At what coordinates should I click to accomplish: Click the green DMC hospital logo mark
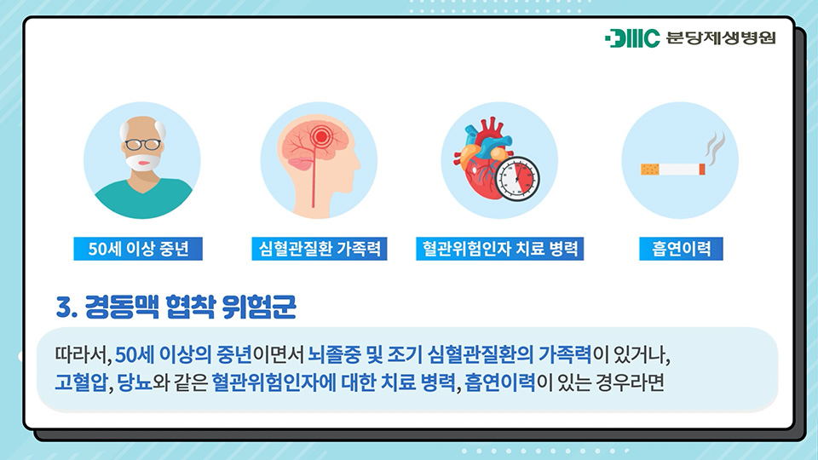[x=632, y=38]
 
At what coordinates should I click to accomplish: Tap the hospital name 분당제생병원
[x=721, y=38]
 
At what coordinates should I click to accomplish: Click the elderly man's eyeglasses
[x=142, y=144]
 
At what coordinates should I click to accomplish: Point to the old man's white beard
[x=142, y=162]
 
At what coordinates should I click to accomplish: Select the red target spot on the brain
[x=321, y=137]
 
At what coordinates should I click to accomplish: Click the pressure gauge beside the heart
[x=517, y=178]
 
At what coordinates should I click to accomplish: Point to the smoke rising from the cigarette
[x=715, y=146]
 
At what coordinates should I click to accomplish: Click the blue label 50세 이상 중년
[x=138, y=249]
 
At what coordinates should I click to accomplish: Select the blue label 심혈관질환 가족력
[x=320, y=249]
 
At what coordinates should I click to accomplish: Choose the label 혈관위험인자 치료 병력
[x=500, y=249]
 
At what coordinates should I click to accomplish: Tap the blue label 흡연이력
[x=681, y=249]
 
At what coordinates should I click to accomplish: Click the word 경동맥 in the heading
[x=122, y=307]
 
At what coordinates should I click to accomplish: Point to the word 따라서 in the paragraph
[x=82, y=355]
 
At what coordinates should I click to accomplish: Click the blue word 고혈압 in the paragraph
[x=81, y=382]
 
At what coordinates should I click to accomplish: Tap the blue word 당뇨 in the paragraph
[x=135, y=382]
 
